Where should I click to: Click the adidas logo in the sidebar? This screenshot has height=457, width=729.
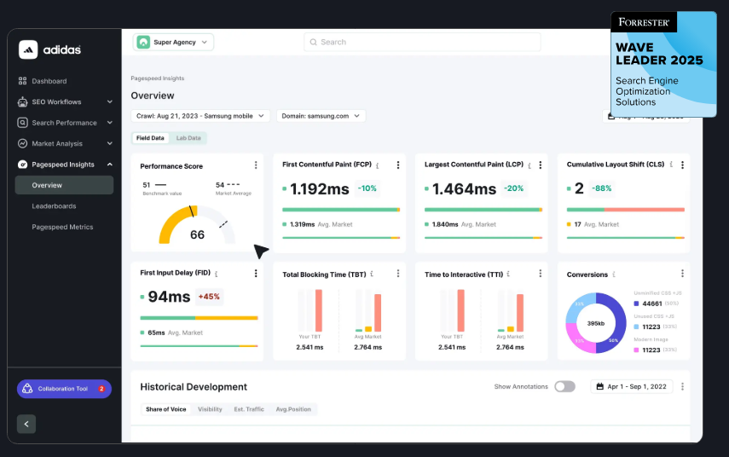pos(50,49)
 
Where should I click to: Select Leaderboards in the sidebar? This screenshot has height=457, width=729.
pos(54,205)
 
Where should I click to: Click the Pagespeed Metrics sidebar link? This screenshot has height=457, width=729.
pos(62,227)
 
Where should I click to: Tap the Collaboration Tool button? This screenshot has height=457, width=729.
pos(64,389)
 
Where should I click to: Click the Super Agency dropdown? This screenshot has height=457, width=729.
pos(174,42)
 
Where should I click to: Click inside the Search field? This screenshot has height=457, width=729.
pos(422,42)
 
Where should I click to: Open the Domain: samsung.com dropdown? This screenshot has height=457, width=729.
pos(321,116)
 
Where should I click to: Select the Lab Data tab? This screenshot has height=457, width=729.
pos(188,138)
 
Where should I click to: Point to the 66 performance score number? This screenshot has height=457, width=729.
pos(197,234)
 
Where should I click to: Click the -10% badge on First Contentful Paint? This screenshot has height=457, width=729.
pos(368,188)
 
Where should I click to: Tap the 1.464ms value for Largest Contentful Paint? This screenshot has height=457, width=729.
pos(464,189)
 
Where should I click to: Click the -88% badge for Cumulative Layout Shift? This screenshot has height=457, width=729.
pos(603,188)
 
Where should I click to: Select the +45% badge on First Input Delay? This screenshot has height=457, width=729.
pos(209,297)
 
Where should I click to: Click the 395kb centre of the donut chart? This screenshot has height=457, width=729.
pos(596,323)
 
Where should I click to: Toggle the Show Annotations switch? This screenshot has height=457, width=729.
pos(564,386)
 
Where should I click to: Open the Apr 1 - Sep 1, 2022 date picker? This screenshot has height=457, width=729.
pos(631,386)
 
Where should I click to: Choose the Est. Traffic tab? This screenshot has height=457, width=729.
pos(249,409)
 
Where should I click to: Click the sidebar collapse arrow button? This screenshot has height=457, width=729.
pos(26,424)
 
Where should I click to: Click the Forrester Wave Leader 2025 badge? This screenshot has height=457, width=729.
pos(662,64)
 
